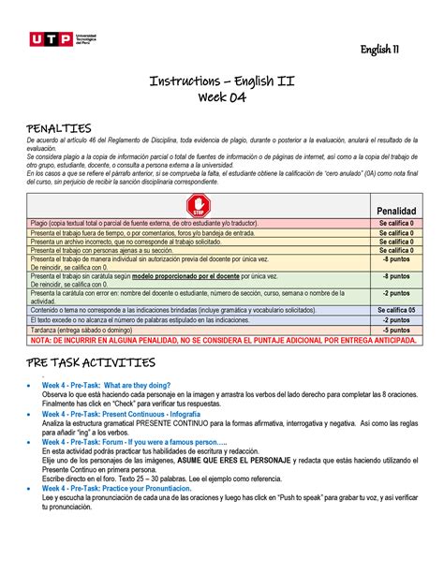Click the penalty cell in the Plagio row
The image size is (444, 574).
click(x=397, y=224)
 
